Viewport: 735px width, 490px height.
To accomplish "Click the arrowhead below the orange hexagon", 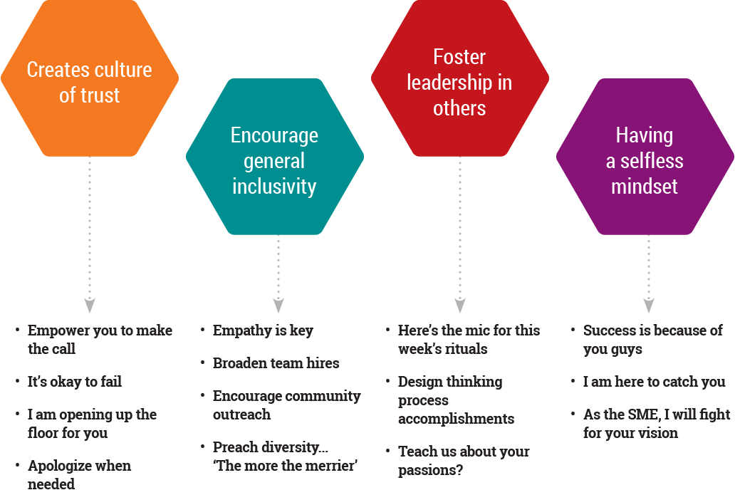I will [90, 306].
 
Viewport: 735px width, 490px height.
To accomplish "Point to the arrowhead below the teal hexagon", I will [278, 306].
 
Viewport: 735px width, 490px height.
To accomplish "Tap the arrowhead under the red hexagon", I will [460, 306].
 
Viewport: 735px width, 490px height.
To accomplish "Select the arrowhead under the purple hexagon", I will [648, 306].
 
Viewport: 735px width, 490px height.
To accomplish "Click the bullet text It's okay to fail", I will [75, 382].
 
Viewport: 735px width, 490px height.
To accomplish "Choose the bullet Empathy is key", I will [263, 330].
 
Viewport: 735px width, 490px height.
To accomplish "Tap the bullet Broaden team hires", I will [276, 363].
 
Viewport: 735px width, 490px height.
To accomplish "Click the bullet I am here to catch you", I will [654, 382].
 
